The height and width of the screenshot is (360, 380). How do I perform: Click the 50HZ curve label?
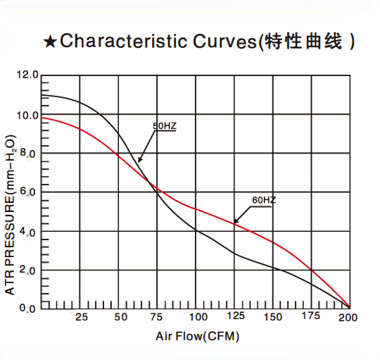click(x=164, y=126)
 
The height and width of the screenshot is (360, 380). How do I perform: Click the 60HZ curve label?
click(x=264, y=200)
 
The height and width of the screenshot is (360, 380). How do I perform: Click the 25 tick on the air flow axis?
click(x=82, y=318)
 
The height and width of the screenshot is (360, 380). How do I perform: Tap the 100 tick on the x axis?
click(x=198, y=318)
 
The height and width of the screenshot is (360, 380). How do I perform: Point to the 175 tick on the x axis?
click(x=310, y=318)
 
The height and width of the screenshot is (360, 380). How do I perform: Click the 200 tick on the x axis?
click(x=348, y=318)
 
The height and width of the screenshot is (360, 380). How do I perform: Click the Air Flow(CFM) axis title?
click(x=198, y=337)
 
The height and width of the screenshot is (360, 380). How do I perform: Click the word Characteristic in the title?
click(x=113, y=42)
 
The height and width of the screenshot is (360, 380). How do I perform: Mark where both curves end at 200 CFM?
click(x=349, y=308)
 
